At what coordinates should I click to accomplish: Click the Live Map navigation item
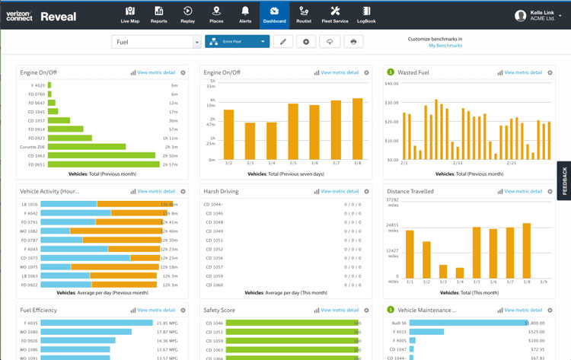(130, 14)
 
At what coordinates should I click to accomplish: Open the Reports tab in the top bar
(158, 14)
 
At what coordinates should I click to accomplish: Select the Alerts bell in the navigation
(246, 14)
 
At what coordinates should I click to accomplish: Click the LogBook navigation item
(366, 14)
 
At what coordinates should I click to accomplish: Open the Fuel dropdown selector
(157, 42)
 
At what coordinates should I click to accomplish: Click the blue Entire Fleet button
(237, 42)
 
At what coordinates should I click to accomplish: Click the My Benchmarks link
(445, 46)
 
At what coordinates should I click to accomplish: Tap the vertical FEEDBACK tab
(564, 183)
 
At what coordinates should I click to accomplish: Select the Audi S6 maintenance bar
(467, 323)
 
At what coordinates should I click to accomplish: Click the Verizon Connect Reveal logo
(42, 16)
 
